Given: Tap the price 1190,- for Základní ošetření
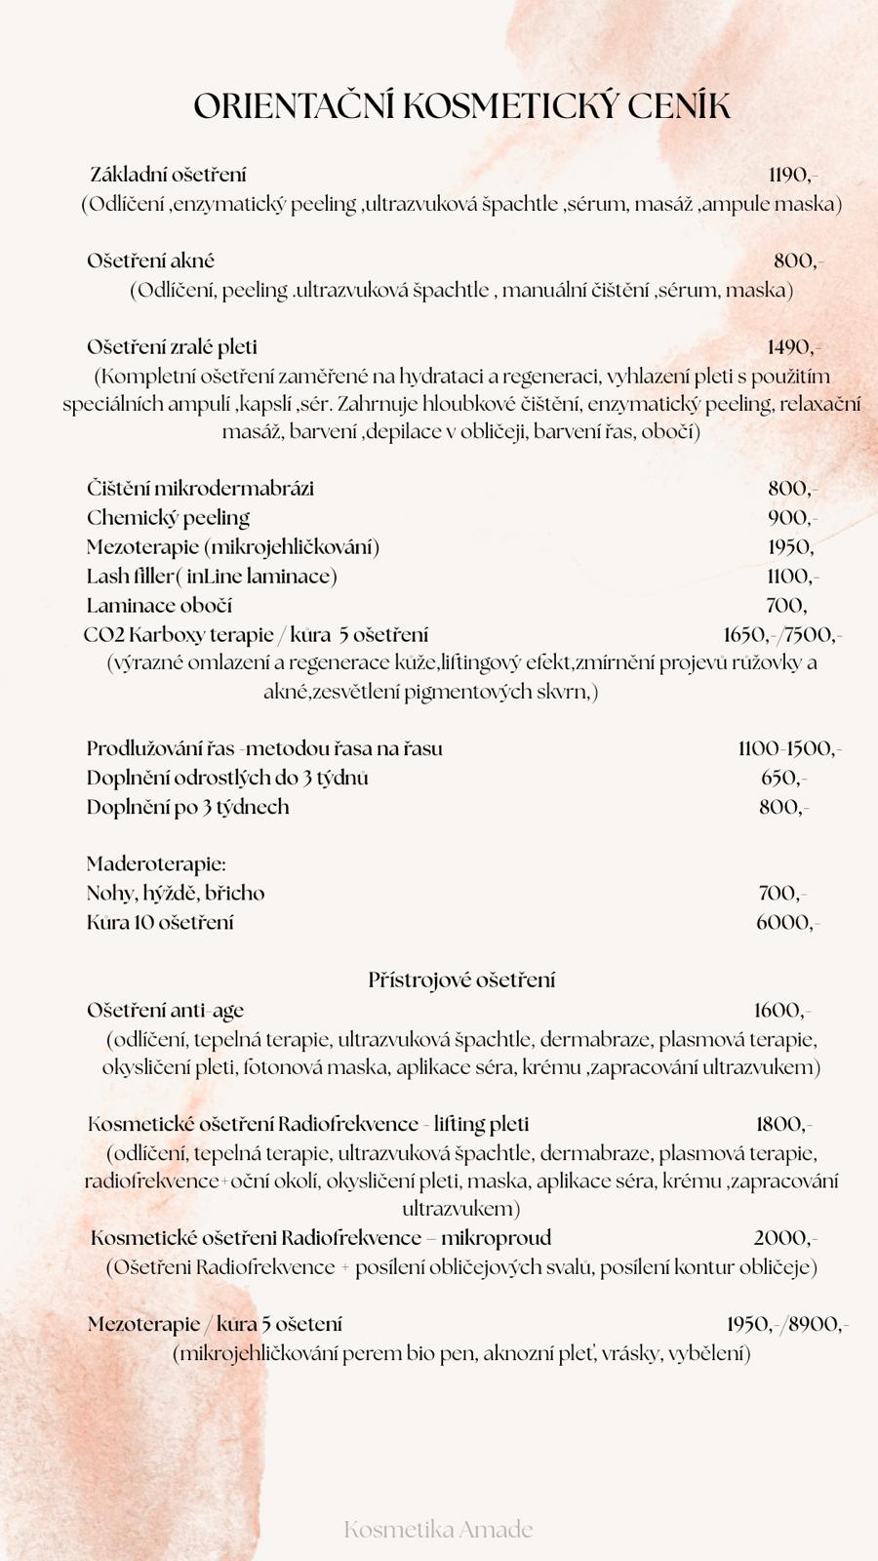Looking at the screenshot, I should coord(792,176).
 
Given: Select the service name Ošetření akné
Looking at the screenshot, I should coord(150,261).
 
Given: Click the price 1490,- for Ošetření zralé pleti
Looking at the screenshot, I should coord(793,347).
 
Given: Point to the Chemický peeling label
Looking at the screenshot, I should coord(168,518).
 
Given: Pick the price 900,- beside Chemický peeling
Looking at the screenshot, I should coord(792,518).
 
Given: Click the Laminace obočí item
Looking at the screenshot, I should coord(159,606).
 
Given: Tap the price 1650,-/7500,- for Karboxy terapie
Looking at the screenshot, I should coord(782,635).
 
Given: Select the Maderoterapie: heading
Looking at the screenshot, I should coord(156,864).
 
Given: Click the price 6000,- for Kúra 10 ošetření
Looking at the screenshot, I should coord(787,923).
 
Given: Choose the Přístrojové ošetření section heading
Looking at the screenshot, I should coord(461,980).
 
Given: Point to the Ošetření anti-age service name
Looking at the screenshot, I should coord(165,1011).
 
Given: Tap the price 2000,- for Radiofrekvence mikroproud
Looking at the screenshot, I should coord(784,1239).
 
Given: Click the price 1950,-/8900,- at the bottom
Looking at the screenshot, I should coord(787,1325).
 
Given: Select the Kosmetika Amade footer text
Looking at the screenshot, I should coord(438,1529).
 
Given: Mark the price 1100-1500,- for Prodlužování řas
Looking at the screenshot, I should coord(789,749).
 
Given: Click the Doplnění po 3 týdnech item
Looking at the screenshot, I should coord(187,807).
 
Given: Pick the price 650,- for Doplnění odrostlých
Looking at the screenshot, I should coord(783,779).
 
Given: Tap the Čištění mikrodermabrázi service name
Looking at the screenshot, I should coord(200,489).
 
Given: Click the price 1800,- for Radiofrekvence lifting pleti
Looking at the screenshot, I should coord(783,1125).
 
